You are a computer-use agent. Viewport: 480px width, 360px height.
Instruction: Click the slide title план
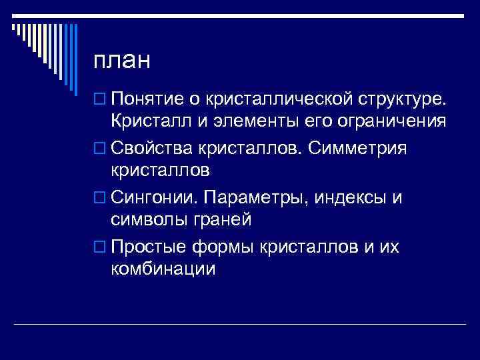pyautogui.click(x=123, y=61)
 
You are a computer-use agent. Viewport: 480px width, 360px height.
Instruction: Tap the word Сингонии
pyautogui.click(x=155, y=197)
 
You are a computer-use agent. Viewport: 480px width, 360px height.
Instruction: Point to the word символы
pyautogui.click(x=147, y=219)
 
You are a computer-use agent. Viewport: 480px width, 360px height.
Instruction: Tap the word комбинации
pyautogui.click(x=163, y=269)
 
